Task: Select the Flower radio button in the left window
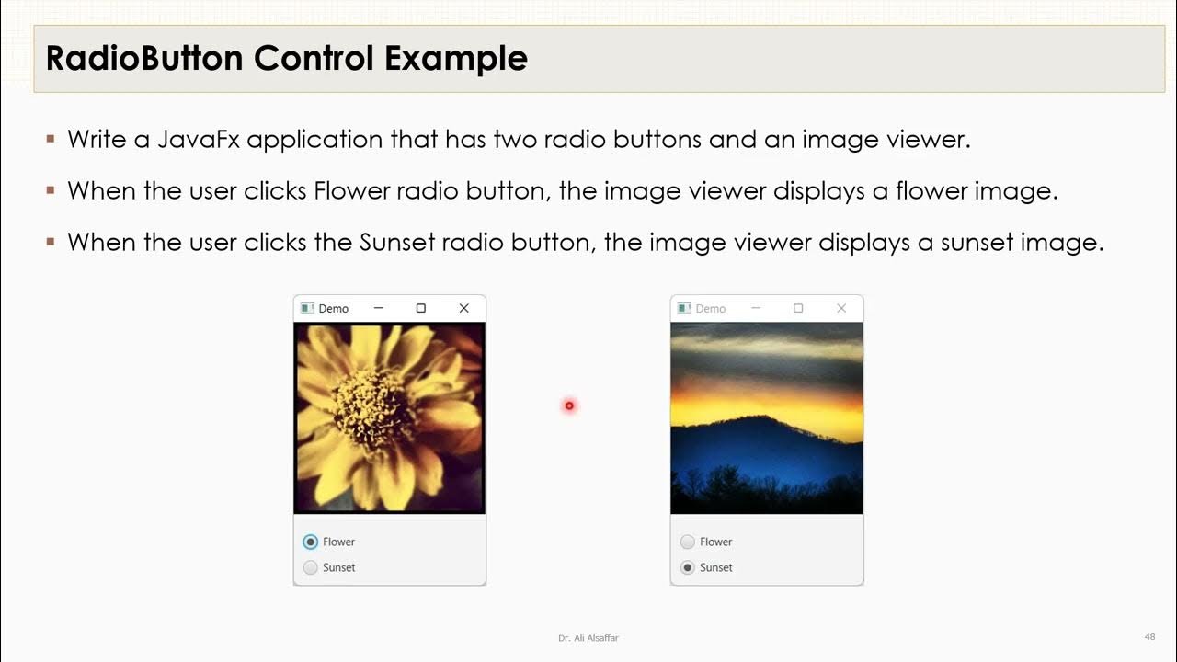[x=311, y=542]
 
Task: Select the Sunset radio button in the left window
[x=311, y=567]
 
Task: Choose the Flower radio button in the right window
[x=688, y=542]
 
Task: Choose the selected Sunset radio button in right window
[x=688, y=567]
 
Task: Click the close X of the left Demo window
[x=464, y=308]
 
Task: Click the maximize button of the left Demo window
[x=421, y=308]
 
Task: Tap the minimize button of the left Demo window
[x=378, y=308]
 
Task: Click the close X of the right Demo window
[x=841, y=308]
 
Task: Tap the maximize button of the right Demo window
[x=798, y=308]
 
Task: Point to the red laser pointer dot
[x=569, y=405]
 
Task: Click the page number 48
[x=1149, y=637]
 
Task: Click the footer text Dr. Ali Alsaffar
[x=588, y=638]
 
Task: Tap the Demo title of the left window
[x=334, y=309]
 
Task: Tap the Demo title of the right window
[x=711, y=309]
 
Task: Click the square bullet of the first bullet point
[x=51, y=140]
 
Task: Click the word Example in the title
[x=456, y=59]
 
